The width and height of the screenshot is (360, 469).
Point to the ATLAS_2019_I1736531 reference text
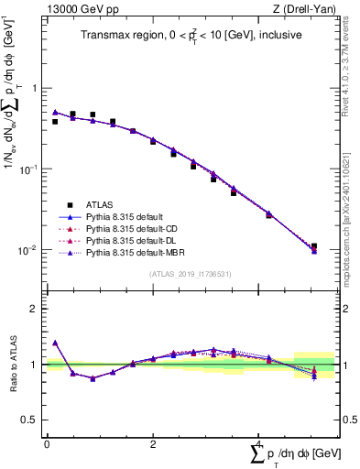pyautogui.click(x=190, y=274)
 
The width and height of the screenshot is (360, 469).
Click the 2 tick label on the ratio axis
pyautogui.click(x=32, y=309)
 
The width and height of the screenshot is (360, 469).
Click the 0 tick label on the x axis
pyautogui.click(x=47, y=444)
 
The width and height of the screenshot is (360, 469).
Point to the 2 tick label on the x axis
pyautogui.click(x=152, y=444)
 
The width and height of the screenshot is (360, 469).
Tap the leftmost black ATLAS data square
pyautogui.click(x=55, y=121)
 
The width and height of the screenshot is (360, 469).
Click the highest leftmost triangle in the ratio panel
pyautogui.click(x=55, y=343)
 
